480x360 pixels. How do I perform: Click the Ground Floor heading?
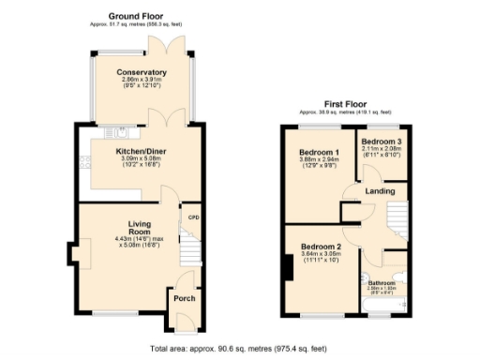tap(136, 16)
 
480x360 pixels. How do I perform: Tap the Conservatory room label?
tap(142, 72)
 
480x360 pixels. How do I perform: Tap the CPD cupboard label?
tap(194, 217)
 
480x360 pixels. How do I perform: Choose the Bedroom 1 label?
tap(319, 153)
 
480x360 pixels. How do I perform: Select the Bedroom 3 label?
tap(381, 141)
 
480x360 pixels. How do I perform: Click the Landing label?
tap(379, 191)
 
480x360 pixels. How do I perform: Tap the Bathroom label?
tap(382, 282)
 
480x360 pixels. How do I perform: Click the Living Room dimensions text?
tap(139, 242)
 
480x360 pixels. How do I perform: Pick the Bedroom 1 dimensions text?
tap(319, 164)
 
